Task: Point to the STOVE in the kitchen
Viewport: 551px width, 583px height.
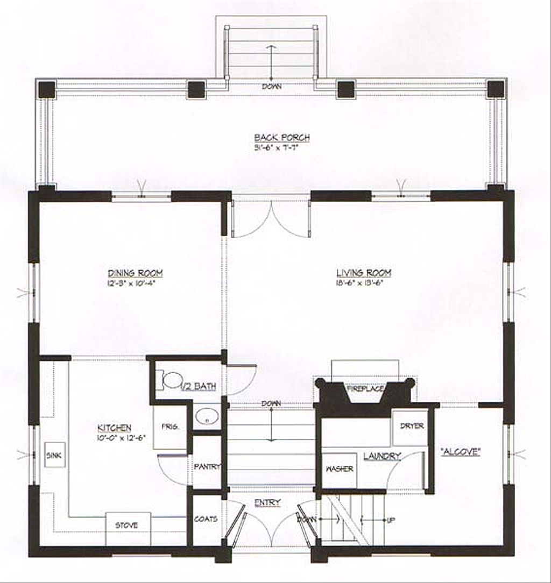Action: (x=127, y=525)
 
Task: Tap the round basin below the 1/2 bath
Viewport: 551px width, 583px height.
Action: (x=205, y=416)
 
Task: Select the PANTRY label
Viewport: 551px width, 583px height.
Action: (x=207, y=467)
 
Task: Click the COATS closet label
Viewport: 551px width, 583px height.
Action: (x=206, y=519)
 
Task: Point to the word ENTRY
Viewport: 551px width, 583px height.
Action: (x=267, y=503)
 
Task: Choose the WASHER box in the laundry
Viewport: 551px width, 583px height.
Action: (x=340, y=469)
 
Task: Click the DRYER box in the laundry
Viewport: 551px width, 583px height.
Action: (x=412, y=426)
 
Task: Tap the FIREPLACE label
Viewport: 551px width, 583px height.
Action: (x=365, y=388)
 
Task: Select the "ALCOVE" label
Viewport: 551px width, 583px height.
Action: (x=460, y=452)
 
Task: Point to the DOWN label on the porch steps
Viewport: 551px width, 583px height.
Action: (x=272, y=86)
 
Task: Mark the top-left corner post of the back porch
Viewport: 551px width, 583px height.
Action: (x=47, y=89)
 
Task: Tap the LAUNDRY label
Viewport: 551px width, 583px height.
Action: (x=382, y=457)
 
